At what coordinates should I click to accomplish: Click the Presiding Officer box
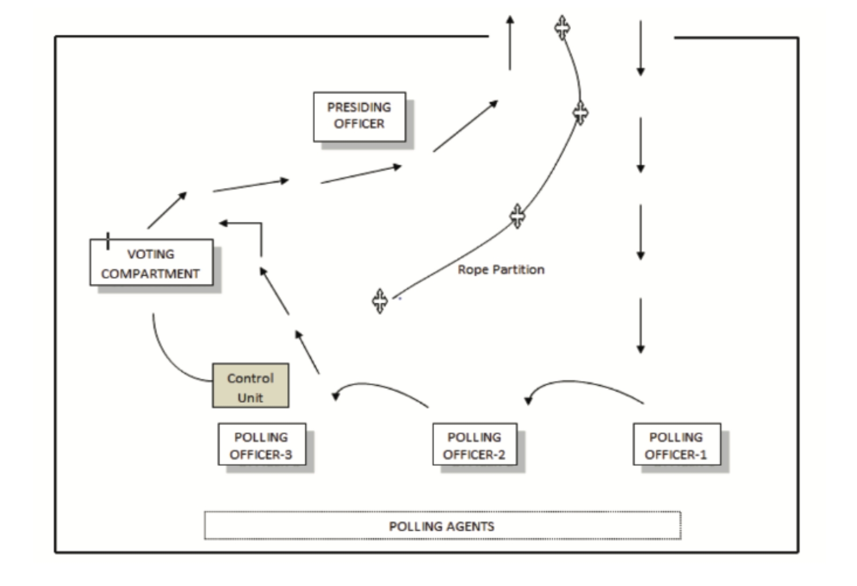click(359, 116)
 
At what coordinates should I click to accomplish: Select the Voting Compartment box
click(151, 262)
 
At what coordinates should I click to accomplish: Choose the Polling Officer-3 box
click(261, 445)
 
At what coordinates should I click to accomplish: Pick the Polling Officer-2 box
click(475, 445)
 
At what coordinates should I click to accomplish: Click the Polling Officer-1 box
click(676, 445)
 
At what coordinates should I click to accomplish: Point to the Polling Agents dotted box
click(442, 525)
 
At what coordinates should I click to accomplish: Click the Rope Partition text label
click(501, 269)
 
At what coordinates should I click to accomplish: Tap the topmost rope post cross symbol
click(562, 27)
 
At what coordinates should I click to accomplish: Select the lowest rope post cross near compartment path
click(380, 301)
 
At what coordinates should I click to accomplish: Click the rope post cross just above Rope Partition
click(517, 216)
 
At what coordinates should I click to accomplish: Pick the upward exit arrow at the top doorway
click(510, 43)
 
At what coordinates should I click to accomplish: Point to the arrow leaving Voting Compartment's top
click(167, 211)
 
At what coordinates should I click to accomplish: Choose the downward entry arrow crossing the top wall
click(641, 48)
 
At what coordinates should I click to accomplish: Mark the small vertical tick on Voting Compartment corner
click(108, 241)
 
